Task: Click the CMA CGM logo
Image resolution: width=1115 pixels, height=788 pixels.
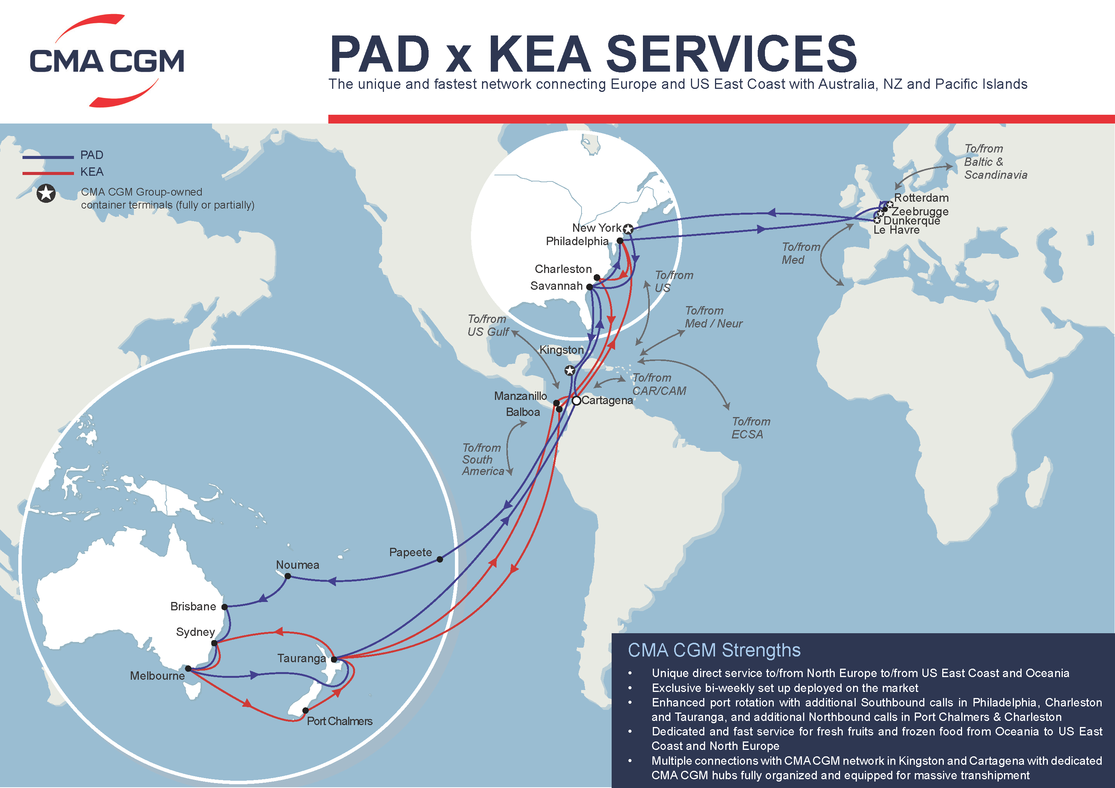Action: point(107,61)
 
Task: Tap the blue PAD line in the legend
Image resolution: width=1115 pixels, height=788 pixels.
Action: point(48,157)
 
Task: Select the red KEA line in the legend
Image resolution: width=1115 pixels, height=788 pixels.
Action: point(48,173)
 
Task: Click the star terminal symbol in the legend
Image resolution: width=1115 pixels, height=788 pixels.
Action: point(46,194)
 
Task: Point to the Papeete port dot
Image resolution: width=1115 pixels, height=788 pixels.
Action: point(440,559)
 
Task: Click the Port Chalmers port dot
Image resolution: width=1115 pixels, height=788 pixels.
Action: point(305,710)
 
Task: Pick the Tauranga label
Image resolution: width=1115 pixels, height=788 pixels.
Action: point(301,658)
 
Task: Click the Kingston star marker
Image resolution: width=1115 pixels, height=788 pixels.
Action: point(570,371)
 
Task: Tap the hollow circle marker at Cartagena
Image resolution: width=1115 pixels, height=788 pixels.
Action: point(577,401)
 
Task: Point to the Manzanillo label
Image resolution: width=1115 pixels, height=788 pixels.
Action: point(520,396)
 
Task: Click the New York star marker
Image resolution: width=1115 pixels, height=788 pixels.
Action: point(628,229)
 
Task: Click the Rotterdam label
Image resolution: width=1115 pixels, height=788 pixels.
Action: point(921,197)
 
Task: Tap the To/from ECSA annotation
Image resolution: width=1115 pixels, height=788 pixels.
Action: point(750,428)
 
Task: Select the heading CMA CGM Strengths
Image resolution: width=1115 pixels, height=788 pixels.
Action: point(714,650)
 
